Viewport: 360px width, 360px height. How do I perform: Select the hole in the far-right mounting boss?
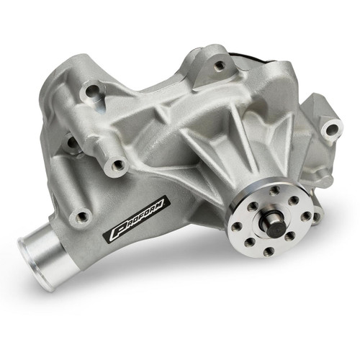point(330,130)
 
